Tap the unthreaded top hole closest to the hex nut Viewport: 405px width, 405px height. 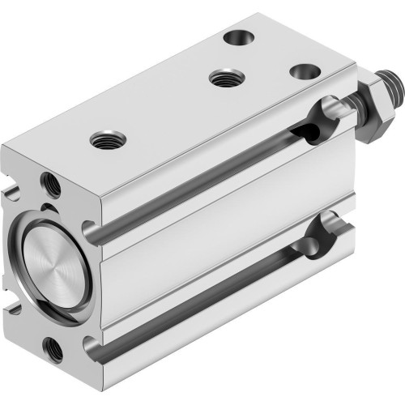302,70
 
